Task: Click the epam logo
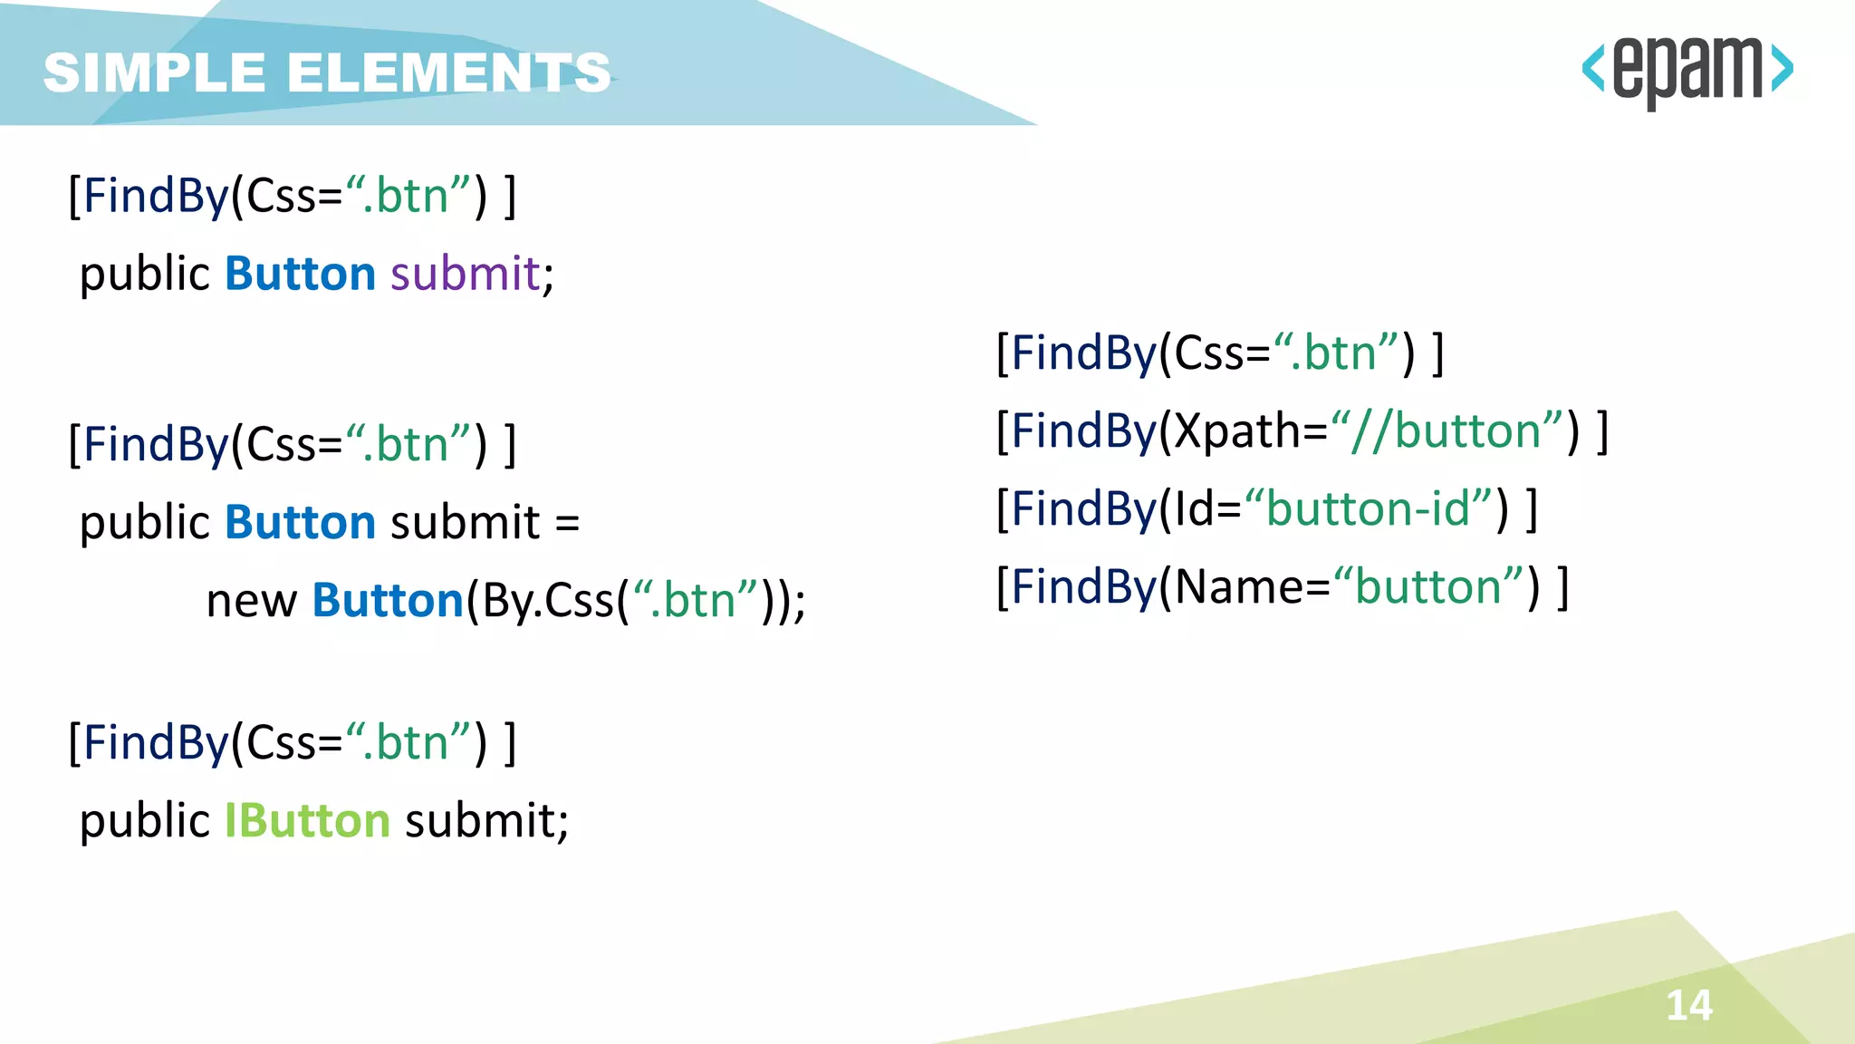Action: (x=1687, y=71)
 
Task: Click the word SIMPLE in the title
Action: (x=154, y=72)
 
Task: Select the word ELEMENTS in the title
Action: (x=449, y=72)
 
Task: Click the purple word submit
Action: (x=465, y=274)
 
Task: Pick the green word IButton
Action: (x=307, y=821)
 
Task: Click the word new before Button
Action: (x=251, y=601)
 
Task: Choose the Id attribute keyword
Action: (x=1195, y=508)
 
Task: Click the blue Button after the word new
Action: (x=388, y=601)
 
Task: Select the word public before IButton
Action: (x=145, y=821)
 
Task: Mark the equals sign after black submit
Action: (x=567, y=524)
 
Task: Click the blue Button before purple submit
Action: (x=300, y=274)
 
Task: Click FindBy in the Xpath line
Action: (x=1083, y=430)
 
